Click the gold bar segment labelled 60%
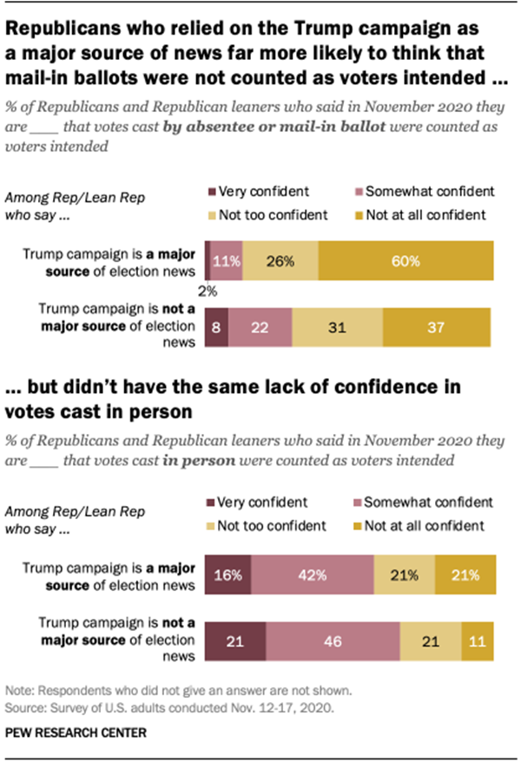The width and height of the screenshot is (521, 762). pos(405,260)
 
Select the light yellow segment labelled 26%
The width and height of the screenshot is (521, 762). pos(280,260)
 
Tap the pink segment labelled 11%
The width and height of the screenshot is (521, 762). pos(226,260)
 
